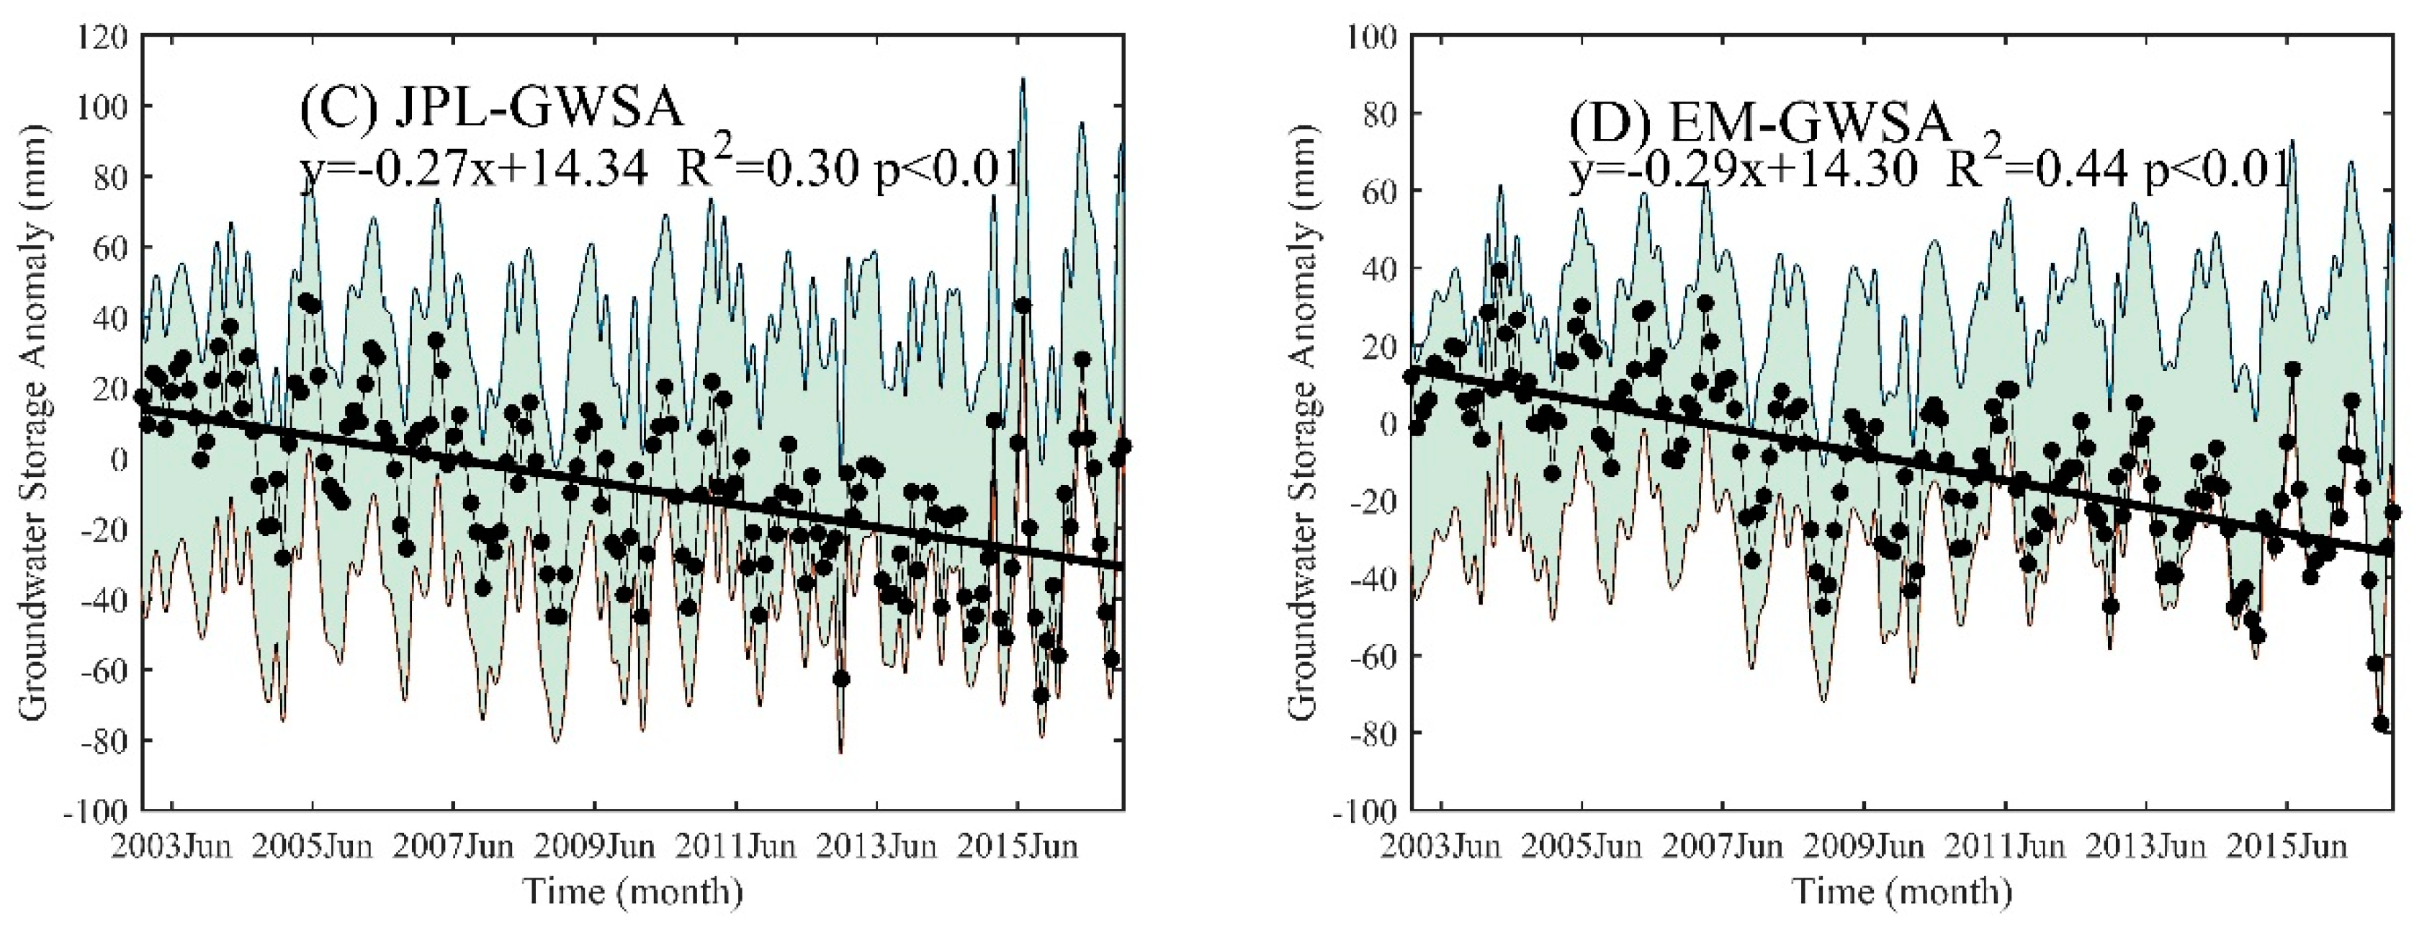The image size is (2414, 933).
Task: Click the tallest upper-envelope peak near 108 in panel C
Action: [1023, 80]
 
